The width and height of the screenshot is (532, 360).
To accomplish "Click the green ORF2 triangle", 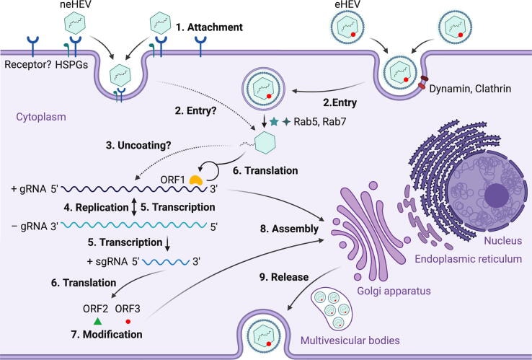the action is click(x=97, y=321).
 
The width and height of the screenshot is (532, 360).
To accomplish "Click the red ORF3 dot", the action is click(x=128, y=321).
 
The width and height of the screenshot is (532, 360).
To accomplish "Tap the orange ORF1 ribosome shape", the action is click(x=196, y=180).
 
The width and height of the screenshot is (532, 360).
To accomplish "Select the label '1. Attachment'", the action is click(x=209, y=27).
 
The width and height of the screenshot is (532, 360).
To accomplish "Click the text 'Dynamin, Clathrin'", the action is click(x=470, y=89).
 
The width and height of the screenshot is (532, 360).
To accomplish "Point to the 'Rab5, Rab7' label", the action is click(x=319, y=122).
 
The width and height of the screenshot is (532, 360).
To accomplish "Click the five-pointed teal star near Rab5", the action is click(x=274, y=121).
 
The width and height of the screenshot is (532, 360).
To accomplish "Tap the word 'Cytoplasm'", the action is click(x=41, y=117).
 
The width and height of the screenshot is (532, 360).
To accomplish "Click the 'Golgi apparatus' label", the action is click(x=394, y=291).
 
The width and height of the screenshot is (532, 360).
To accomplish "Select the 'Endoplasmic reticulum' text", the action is click(x=469, y=259).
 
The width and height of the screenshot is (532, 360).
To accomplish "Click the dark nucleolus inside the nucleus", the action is click(x=497, y=196).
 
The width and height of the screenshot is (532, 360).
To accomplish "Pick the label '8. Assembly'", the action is click(x=289, y=229).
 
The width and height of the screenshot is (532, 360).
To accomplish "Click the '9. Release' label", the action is click(x=284, y=277).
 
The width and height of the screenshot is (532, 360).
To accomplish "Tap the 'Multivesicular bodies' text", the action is click(x=350, y=341).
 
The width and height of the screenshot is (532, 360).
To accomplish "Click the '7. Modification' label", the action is click(x=107, y=335).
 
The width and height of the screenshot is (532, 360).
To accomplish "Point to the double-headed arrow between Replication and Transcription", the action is click(x=134, y=207).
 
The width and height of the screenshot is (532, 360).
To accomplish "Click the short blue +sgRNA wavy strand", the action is click(x=166, y=262).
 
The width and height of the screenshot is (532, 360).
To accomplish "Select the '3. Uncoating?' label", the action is click(x=138, y=145).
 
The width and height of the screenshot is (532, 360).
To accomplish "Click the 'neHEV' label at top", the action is click(x=76, y=5).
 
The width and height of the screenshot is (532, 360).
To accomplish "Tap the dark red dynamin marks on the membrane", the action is click(x=422, y=82).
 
